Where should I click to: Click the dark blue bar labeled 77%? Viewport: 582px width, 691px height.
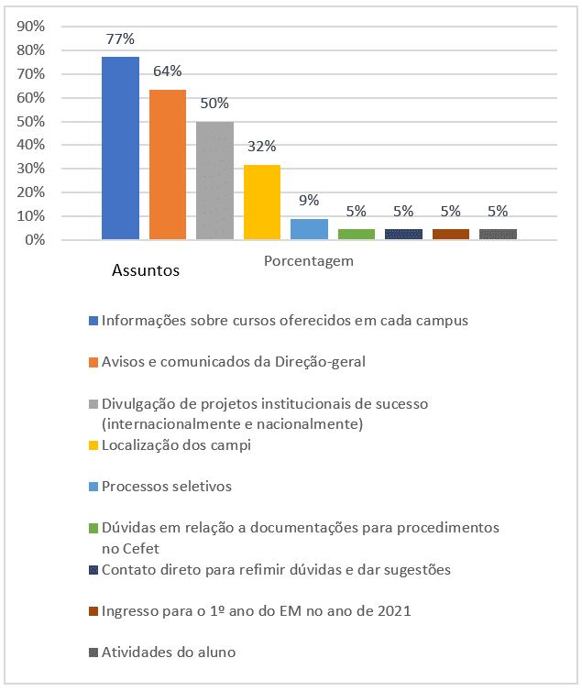[120, 148]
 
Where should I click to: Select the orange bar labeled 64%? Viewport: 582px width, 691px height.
[168, 164]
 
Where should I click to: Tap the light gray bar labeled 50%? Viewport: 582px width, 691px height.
[214, 181]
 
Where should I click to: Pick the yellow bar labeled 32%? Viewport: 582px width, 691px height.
[262, 203]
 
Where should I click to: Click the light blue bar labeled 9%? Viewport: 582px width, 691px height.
[309, 229]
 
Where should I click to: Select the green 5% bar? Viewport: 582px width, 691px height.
[357, 234]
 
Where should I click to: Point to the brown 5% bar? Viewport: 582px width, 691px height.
[451, 234]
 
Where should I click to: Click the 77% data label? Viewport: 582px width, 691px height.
[120, 39]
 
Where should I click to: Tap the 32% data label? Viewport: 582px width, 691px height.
[262, 146]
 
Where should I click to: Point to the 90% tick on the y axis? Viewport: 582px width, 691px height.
[31, 27]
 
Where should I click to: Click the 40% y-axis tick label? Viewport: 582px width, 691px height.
[31, 145]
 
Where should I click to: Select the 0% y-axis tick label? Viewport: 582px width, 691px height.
[35, 240]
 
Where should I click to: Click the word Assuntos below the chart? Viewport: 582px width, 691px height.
[146, 270]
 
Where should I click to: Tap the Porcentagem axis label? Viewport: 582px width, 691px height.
[309, 261]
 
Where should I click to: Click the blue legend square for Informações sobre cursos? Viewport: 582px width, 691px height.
[93, 321]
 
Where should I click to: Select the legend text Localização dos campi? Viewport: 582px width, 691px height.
[176, 445]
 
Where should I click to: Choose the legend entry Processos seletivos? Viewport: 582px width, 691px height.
[167, 486]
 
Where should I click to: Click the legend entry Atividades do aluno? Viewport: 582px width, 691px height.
[169, 653]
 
